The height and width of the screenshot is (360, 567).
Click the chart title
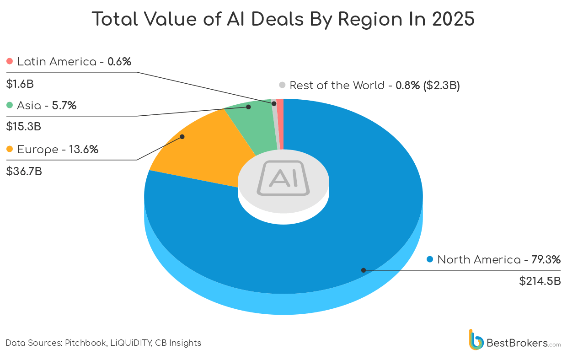coord(283,20)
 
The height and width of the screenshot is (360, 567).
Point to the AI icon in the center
coord(283,178)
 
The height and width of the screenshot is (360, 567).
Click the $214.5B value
coord(540,281)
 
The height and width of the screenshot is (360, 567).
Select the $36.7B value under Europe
coord(24,172)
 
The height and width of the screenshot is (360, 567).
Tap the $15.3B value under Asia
coord(23,127)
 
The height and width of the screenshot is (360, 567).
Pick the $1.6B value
coord(20,84)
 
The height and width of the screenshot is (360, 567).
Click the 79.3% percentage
coord(546,260)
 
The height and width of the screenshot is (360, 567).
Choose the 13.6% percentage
coord(83,149)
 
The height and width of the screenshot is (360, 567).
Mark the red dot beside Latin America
coord(10,61)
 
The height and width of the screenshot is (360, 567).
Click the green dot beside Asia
coord(10,106)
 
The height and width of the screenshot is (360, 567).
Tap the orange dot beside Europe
coord(10,149)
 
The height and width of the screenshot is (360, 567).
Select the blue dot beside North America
coord(429,260)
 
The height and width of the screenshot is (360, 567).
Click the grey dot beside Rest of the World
coord(282,85)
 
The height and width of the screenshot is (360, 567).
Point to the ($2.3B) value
coord(441,85)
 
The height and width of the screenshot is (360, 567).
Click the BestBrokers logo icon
coord(476,340)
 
